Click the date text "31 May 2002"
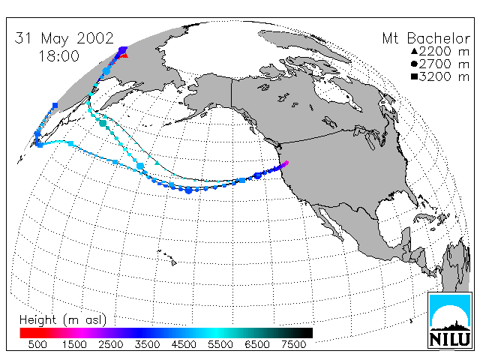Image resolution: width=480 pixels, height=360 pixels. (x=64, y=38)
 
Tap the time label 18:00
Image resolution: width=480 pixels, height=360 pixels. (x=58, y=55)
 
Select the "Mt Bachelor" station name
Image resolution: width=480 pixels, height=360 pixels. (x=426, y=38)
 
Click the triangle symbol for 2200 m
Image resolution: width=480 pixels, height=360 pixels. (x=415, y=52)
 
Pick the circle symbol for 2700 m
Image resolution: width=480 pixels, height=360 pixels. (x=415, y=64)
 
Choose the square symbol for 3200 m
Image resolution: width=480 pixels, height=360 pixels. (x=415, y=76)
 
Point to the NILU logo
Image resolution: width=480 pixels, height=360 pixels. (x=450, y=320)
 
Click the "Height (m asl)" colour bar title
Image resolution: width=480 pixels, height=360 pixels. (x=63, y=320)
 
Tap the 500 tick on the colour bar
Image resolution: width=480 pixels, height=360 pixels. (x=37, y=344)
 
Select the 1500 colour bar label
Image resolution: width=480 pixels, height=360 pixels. (x=74, y=344)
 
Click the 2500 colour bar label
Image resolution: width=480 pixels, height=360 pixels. (x=111, y=344)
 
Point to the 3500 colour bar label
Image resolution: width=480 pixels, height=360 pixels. (x=147, y=344)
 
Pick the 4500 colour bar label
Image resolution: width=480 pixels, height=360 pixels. (x=184, y=344)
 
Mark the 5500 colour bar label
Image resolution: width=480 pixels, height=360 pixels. (x=220, y=344)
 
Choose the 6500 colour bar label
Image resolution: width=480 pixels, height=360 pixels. (x=256, y=344)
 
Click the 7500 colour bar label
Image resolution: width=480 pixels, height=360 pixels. (x=293, y=344)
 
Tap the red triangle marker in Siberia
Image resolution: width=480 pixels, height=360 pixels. (x=124, y=55)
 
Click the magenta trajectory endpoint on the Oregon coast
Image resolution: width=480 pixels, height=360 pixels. (x=286, y=163)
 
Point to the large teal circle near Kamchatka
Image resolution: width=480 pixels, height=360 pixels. (x=103, y=123)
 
